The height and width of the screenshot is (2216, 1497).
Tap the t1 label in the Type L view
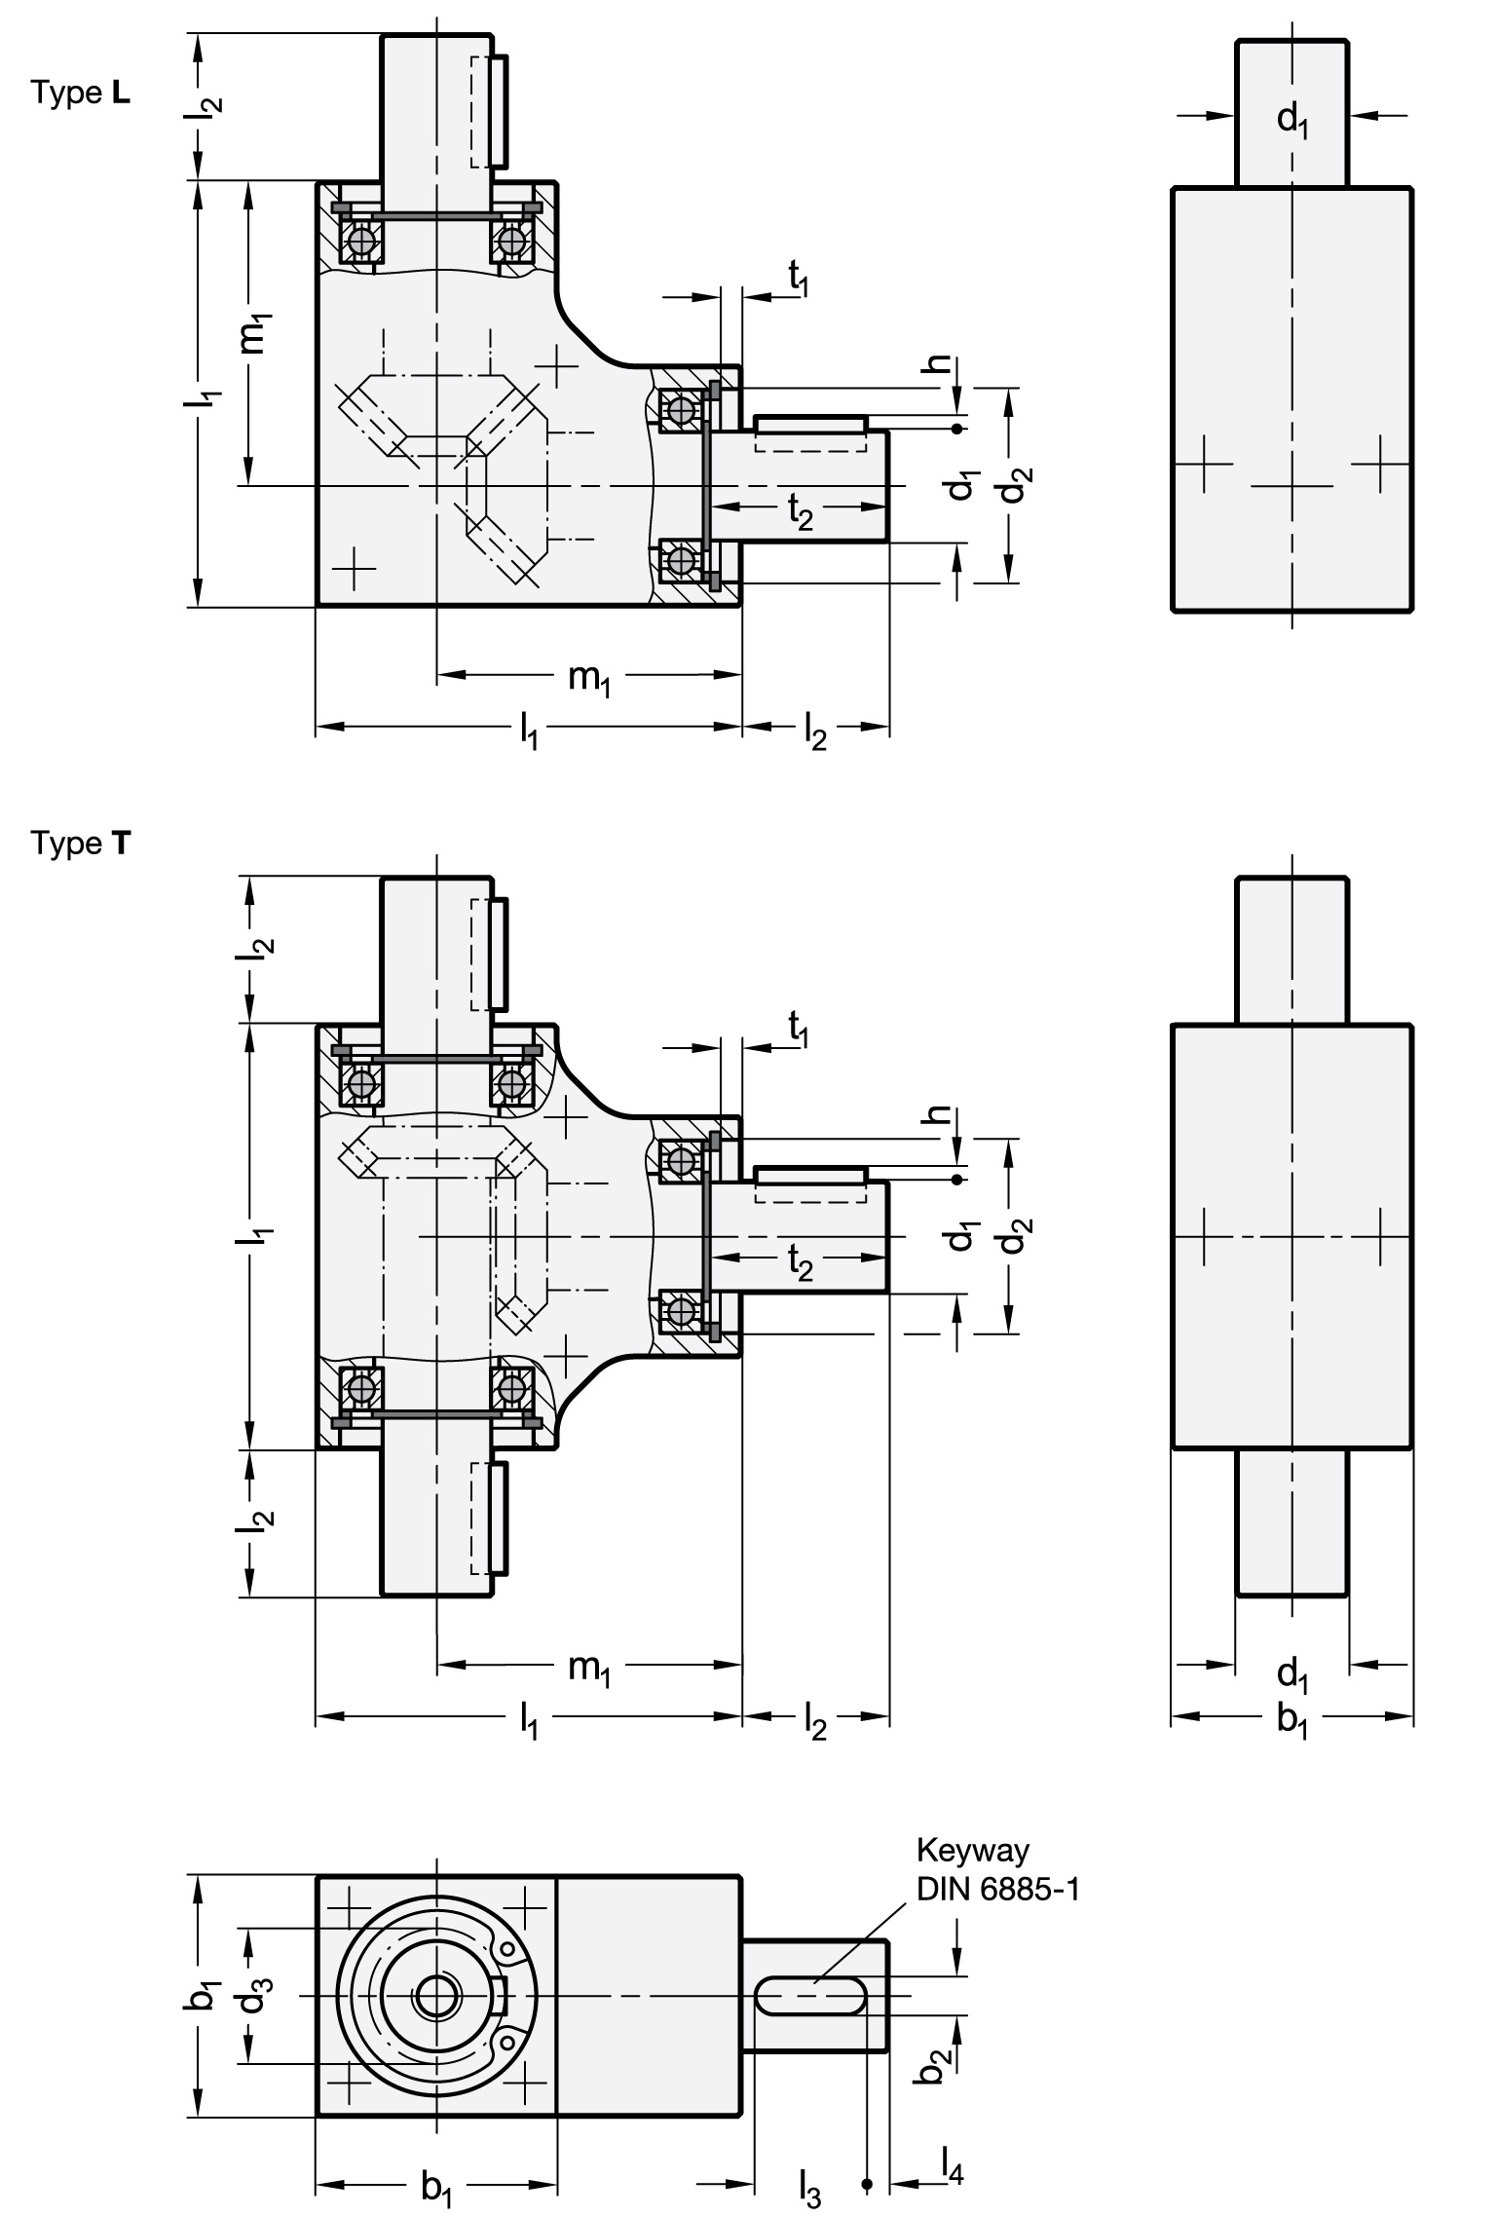[800, 281]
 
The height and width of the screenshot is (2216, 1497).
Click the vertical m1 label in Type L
[255, 334]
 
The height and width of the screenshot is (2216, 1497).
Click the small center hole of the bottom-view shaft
[433, 1997]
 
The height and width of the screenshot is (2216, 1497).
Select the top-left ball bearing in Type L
[361, 240]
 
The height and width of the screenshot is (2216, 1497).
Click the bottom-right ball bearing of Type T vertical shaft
[512, 1387]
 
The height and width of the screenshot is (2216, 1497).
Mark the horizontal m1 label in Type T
[590, 1668]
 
